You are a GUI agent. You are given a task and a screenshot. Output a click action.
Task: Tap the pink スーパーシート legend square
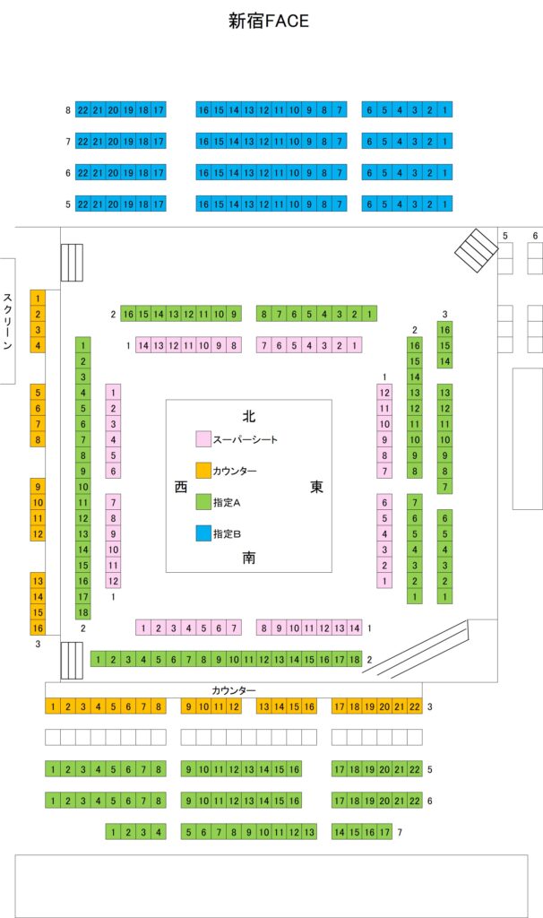pyautogui.click(x=203, y=439)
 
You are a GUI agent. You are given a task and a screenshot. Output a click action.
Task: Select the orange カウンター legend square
pyautogui.click(x=203, y=471)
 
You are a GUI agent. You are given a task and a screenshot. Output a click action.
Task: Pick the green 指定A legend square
pyautogui.click(x=203, y=502)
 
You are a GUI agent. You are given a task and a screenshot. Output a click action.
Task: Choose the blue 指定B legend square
pyautogui.click(x=203, y=533)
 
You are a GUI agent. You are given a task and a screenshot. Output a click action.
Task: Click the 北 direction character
pyautogui.click(x=249, y=416)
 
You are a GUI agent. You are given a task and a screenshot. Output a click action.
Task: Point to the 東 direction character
pyautogui.click(x=316, y=487)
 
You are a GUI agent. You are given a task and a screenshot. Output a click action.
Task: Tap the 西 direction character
pyautogui.click(x=181, y=487)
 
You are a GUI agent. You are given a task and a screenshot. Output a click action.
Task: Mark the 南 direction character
pyautogui.click(x=249, y=558)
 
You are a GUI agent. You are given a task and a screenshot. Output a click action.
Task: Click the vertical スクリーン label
pyautogui.click(x=7, y=321)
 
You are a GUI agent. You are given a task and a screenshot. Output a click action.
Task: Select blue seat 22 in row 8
pyautogui.click(x=83, y=109)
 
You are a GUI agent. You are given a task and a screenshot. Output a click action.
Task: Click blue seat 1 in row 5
pyautogui.click(x=445, y=204)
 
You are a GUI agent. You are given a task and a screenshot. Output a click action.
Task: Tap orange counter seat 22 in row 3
pyautogui.click(x=414, y=706)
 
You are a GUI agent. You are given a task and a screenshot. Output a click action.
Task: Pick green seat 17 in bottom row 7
pyautogui.click(x=385, y=832)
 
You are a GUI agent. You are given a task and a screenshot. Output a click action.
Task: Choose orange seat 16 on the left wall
pyautogui.click(x=38, y=628)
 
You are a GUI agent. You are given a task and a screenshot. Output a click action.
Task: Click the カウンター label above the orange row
pyautogui.click(x=234, y=690)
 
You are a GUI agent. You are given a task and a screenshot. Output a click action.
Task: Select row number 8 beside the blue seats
pyautogui.click(x=67, y=110)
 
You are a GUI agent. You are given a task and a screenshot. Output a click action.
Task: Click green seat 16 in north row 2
pyautogui.click(x=128, y=314)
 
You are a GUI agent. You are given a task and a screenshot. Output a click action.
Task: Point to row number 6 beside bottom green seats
pyautogui.click(x=430, y=800)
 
